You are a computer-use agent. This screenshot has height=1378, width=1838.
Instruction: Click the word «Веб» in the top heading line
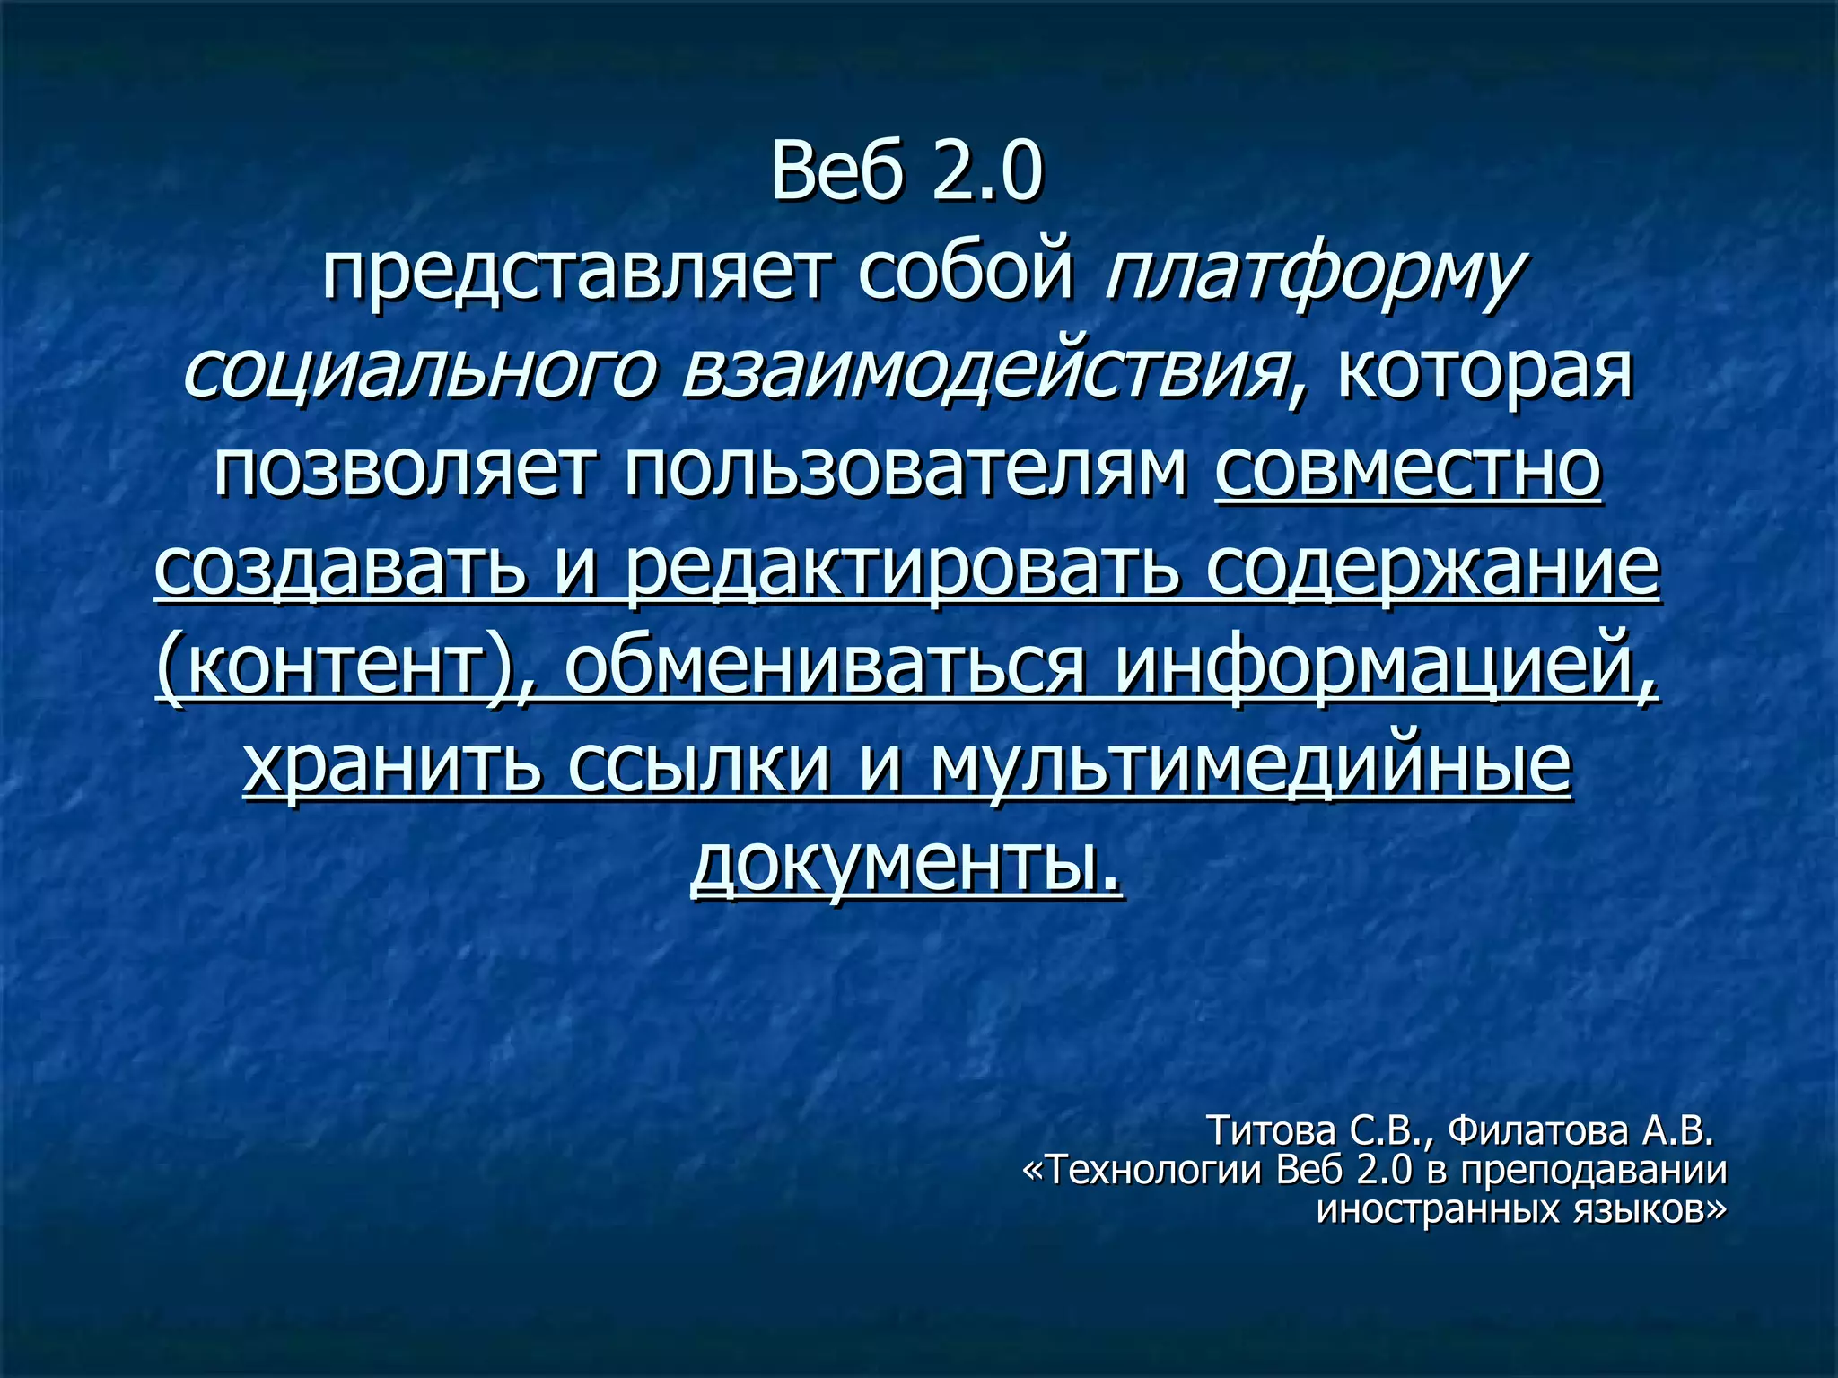(836, 171)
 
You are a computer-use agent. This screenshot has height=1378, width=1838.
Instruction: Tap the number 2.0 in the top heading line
(987, 171)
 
